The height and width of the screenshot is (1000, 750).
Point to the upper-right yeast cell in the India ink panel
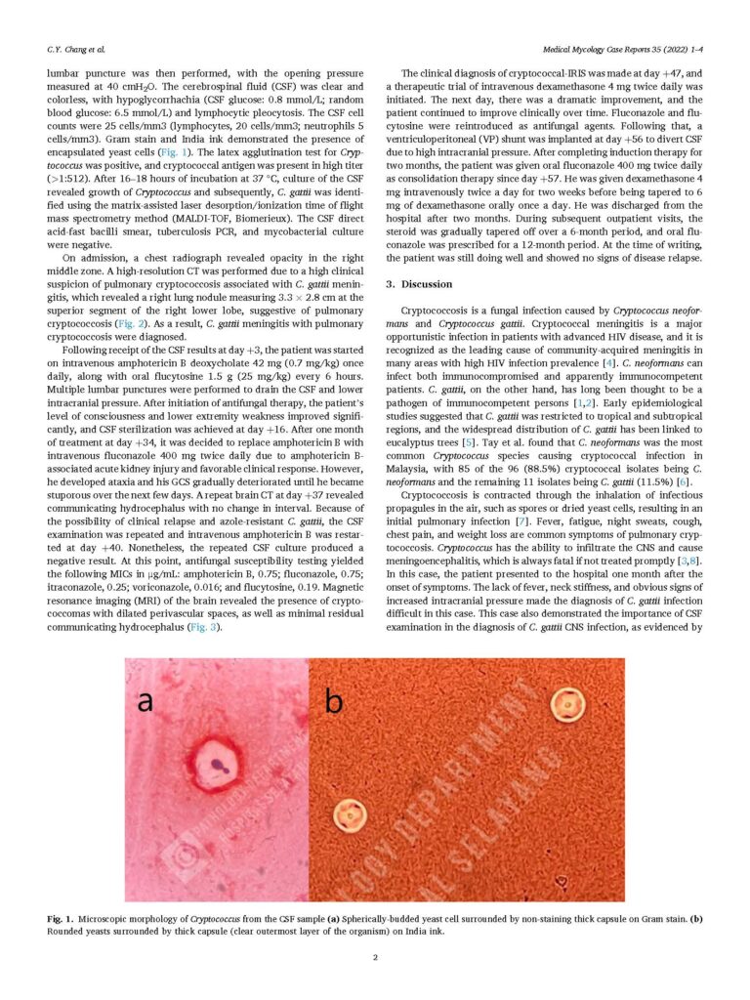[565, 703]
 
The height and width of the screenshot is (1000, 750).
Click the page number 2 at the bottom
[375, 957]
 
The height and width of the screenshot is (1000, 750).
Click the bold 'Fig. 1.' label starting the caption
[61, 920]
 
